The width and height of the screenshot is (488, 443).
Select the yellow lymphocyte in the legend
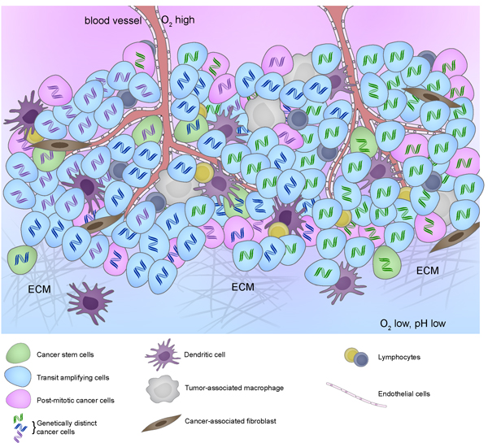(351, 354)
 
